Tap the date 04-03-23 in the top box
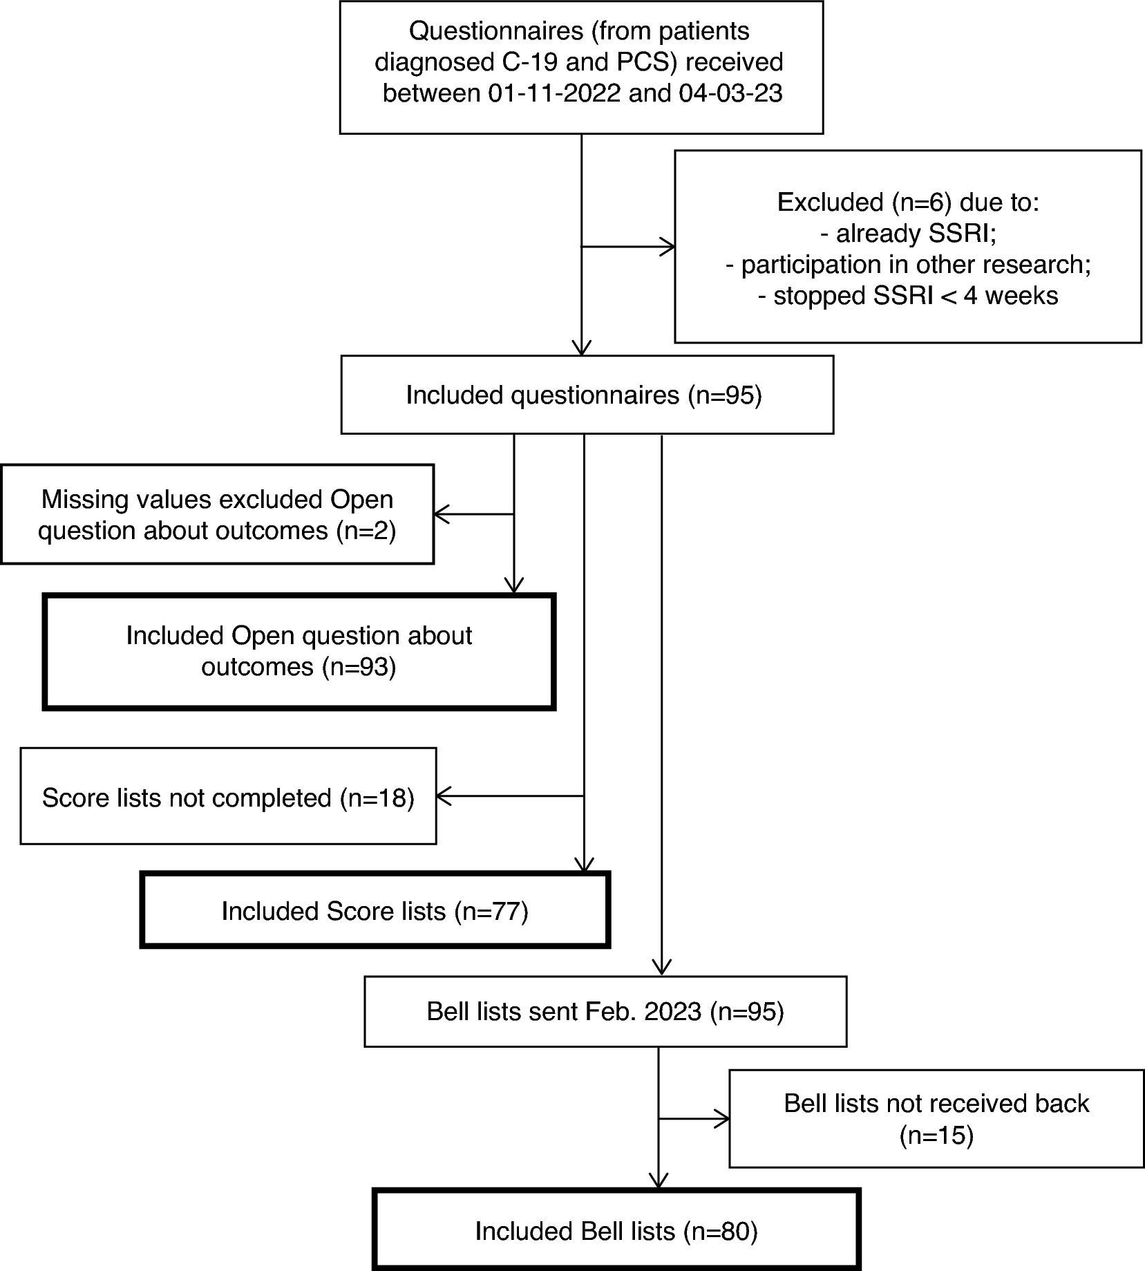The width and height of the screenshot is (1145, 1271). coord(730,93)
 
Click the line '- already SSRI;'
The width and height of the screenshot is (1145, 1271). coord(908,234)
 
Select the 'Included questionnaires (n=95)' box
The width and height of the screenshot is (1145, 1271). coord(587,395)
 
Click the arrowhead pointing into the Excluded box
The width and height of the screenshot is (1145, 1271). coord(667,246)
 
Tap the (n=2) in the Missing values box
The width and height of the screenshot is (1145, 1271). coord(366,530)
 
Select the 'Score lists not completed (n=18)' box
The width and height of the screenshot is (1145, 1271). coord(228,797)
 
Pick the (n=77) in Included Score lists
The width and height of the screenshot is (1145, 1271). coord(491,911)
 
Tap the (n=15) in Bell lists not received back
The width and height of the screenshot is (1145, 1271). coord(936,1136)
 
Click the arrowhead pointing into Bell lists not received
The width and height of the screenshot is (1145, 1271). coord(722,1118)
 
